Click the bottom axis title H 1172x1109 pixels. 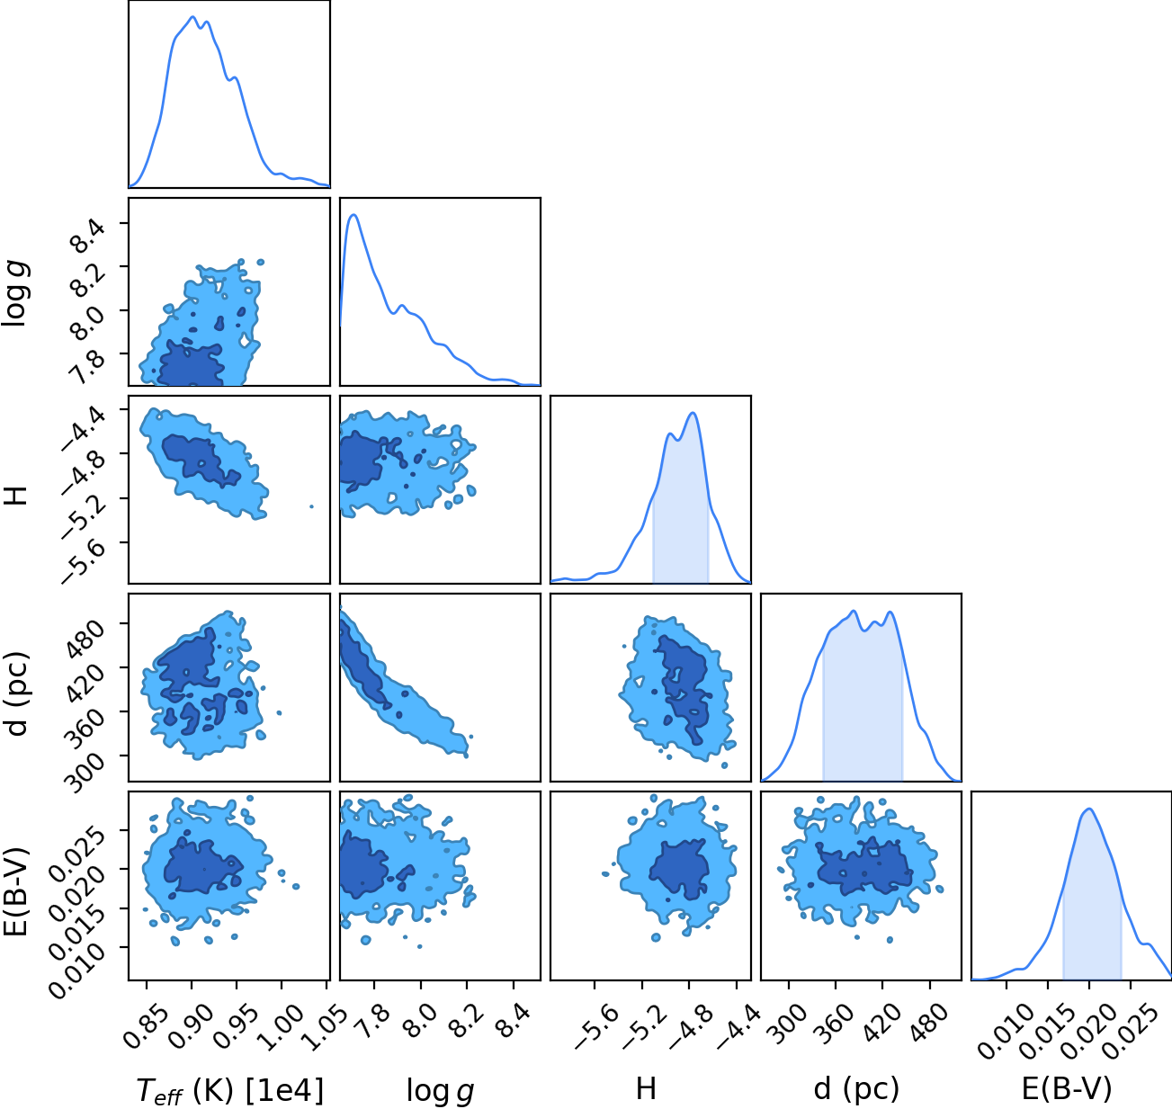646,1089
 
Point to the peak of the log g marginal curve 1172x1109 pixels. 353,215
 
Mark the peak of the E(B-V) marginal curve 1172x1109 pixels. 1089,809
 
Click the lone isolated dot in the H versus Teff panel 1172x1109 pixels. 311,506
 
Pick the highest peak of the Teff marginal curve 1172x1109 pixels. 192,17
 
